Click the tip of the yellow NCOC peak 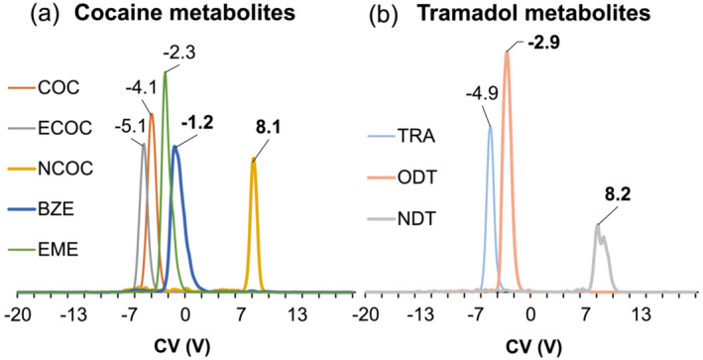tap(254, 160)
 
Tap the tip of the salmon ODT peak tap(507, 52)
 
